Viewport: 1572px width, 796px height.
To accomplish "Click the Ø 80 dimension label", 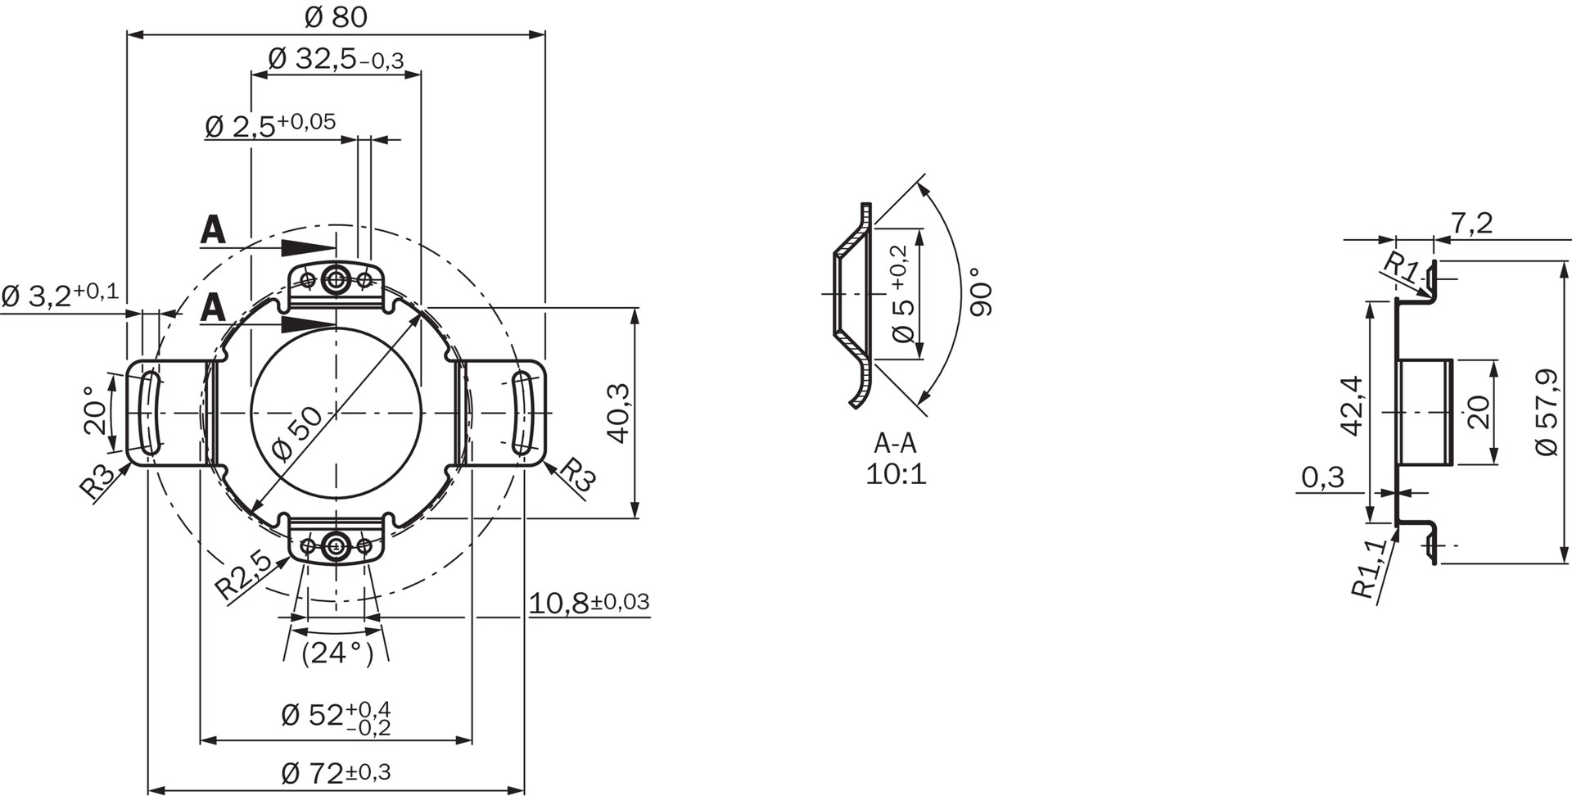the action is (x=336, y=16).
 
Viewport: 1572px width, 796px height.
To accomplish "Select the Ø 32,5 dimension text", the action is (x=336, y=59).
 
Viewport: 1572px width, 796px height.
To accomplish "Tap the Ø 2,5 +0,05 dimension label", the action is (x=270, y=124).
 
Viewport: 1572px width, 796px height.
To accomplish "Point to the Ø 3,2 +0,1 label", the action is (x=60, y=295).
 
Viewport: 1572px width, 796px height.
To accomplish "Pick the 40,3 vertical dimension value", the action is (x=618, y=414).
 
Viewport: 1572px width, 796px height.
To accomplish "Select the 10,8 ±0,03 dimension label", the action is (x=589, y=603).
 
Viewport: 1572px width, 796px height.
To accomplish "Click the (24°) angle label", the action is (x=337, y=654).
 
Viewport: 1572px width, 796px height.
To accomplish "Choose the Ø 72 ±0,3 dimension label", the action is (x=336, y=771).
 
